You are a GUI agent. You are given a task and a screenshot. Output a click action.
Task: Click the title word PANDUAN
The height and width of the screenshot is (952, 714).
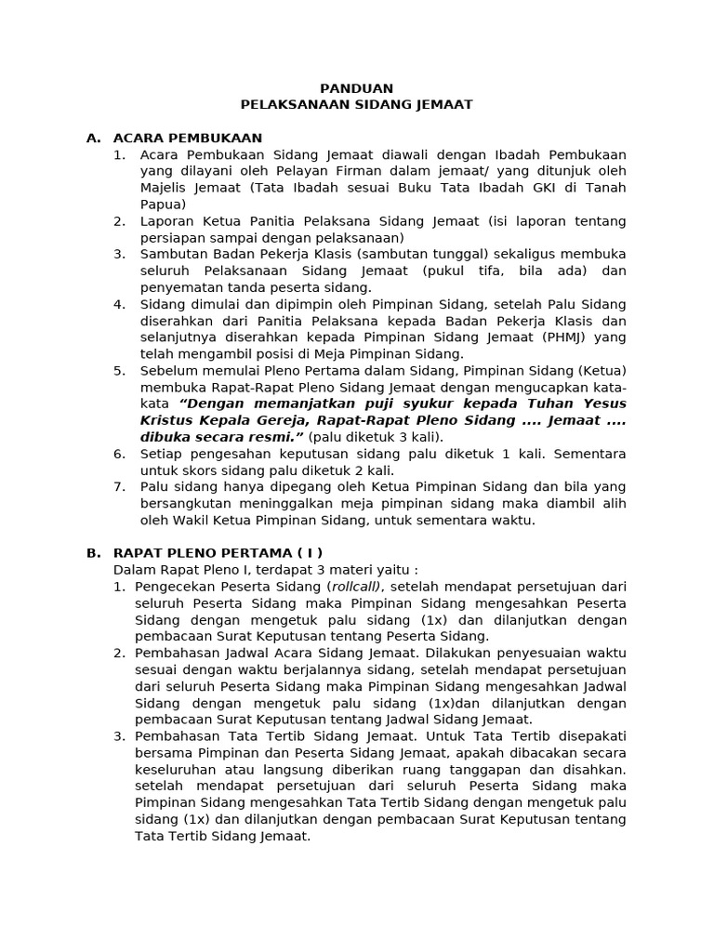357,88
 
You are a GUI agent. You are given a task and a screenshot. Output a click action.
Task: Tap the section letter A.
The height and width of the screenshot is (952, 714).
93,138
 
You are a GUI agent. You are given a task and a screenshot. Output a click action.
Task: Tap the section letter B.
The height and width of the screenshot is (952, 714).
93,552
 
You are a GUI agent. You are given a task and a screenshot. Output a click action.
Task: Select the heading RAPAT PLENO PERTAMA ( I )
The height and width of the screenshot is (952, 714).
218,552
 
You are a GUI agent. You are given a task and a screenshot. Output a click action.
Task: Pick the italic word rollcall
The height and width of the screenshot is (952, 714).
354,587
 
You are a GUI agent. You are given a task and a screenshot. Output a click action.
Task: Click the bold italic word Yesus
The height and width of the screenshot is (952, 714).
604,403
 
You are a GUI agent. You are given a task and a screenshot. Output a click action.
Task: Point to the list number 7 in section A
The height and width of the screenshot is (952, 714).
119,486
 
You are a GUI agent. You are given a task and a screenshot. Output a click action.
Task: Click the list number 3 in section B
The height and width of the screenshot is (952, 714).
119,736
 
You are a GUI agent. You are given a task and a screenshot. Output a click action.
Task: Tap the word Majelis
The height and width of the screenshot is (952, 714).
165,188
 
